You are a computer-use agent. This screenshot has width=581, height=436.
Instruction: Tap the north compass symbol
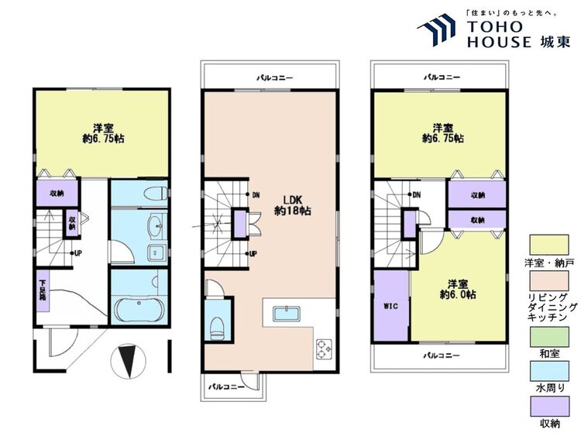(x=128, y=362)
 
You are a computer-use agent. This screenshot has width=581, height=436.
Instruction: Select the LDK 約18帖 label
(x=292, y=205)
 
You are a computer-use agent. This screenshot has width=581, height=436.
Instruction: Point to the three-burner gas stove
(x=325, y=348)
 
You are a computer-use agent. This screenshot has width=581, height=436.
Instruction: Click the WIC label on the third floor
(x=391, y=307)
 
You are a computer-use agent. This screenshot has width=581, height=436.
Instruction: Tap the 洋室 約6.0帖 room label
(x=458, y=290)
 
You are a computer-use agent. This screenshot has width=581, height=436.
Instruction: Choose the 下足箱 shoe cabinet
(x=43, y=290)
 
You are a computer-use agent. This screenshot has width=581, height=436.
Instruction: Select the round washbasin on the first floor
(x=155, y=225)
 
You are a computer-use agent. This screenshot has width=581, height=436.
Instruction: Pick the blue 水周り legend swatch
(x=549, y=371)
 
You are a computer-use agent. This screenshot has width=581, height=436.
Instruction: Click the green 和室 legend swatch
(x=549, y=337)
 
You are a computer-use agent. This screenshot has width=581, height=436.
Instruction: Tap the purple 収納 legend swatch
(x=549, y=407)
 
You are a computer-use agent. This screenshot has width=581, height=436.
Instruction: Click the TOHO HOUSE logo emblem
(x=436, y=30)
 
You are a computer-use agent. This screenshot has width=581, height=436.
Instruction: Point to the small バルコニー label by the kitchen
(x=226, y=387)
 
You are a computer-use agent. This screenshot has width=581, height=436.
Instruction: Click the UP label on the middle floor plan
(x=253, y=254)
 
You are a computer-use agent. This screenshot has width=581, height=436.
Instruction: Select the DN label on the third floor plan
(x=417, y=195)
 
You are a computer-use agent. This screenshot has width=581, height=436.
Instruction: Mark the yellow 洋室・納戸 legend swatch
(x=549, y=245)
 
